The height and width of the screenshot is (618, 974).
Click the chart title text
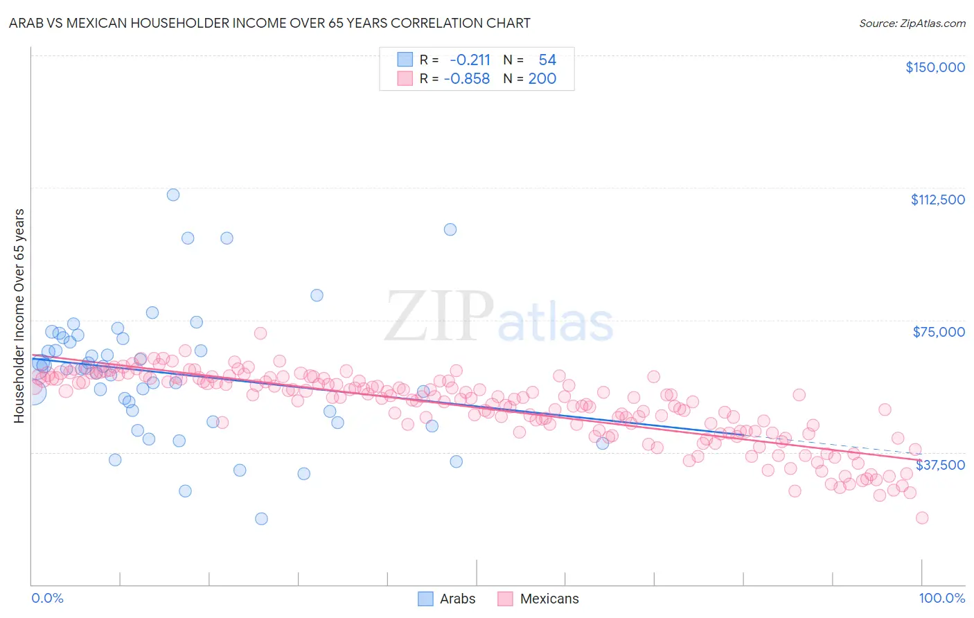[269, 23]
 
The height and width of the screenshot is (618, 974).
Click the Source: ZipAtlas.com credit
[912, 23]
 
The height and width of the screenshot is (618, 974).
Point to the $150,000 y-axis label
[935, 67]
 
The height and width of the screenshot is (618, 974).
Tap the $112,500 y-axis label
[937, 200]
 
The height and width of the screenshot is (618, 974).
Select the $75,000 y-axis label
[939, 332]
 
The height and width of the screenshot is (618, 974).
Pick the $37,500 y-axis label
[940, 465]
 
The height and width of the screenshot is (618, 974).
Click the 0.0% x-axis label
[47, 598]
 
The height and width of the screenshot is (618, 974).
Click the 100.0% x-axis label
[941, 598]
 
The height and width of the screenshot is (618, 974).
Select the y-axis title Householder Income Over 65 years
[19, 315]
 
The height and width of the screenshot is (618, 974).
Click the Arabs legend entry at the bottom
[447, 599]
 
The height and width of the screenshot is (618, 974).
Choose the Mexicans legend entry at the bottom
[538, 599]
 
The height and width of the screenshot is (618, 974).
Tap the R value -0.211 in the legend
[470, 60]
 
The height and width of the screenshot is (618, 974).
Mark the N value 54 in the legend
[547, 60]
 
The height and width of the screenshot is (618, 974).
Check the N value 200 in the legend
[542, 79]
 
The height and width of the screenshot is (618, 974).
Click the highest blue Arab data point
[173, 195]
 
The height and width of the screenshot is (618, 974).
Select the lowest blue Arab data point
[261, 519]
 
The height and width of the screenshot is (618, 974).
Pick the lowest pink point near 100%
[921, 518]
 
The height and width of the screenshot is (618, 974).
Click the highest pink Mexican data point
[260, 333]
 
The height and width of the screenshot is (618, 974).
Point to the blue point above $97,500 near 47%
[450, 229]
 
